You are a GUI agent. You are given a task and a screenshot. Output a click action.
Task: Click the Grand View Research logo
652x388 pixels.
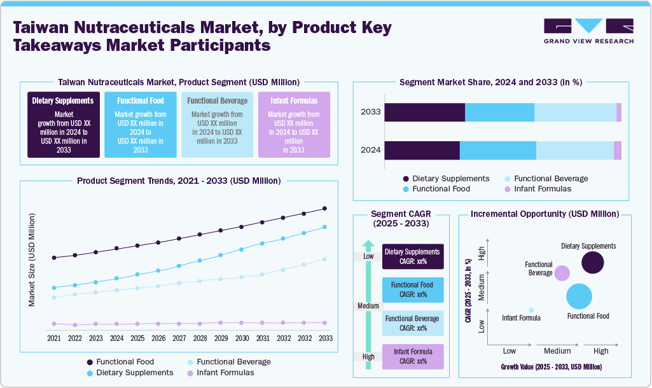pyautogui.click(x=588, y=31)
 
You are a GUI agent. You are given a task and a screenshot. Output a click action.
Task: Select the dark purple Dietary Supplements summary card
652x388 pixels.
pyautogui.click(x=64, y=124)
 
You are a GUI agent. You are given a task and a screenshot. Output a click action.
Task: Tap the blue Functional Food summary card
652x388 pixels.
pyautogui.click(x=141, y=124)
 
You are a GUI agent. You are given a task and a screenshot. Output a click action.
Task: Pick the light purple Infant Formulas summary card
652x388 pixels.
pyautogui.click(x=294, y=124)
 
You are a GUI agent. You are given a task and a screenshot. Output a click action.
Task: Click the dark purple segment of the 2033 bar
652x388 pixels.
pyautogui.click(x=424, y=112)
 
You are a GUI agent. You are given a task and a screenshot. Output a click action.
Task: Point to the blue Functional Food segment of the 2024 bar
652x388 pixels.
pyautogui.click(x=497, y=150)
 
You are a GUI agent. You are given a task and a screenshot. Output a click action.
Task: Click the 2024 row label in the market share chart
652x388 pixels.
pyautogui.click(x=370, y=150)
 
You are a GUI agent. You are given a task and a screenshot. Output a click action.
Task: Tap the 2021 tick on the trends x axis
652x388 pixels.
pyautogui.click(x=54, y=338)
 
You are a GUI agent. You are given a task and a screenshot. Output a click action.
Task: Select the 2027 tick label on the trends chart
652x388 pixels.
pyautogui.click(x=179, y=338)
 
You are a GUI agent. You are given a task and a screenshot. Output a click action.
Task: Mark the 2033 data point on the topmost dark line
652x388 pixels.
pyautogui.click(x=325, y=208)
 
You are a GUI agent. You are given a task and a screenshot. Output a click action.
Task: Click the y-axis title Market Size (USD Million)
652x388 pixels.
pyautogui.click(x=32, y=260)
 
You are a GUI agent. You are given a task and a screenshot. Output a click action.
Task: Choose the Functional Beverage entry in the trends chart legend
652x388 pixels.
pyautogui.click(x=228, y=361)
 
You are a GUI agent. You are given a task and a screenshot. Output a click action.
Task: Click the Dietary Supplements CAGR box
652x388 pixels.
pyautogui.click(x=412, y=256)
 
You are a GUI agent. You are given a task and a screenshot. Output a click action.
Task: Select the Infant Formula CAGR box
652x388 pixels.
pyautogui.click(x=412, y=356)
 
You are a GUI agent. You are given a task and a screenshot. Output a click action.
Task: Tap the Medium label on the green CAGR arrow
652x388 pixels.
pyautogui.click(x=368, y=306)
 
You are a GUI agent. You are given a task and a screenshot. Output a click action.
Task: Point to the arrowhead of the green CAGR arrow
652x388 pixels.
pyautogui.click(x=368, y=245)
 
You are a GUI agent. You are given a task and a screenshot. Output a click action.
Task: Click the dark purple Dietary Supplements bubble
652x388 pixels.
pyautogui.click(x=593, y=263)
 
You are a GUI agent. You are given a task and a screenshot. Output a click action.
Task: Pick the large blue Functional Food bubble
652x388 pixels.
pyautogui.click(x=579, y=296)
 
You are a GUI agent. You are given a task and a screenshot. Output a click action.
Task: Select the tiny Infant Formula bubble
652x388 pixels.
pyautogui.click(x=531, y=310)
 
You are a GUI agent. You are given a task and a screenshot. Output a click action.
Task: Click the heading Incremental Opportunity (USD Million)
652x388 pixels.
pyautogui.click(x=544, y=214)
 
